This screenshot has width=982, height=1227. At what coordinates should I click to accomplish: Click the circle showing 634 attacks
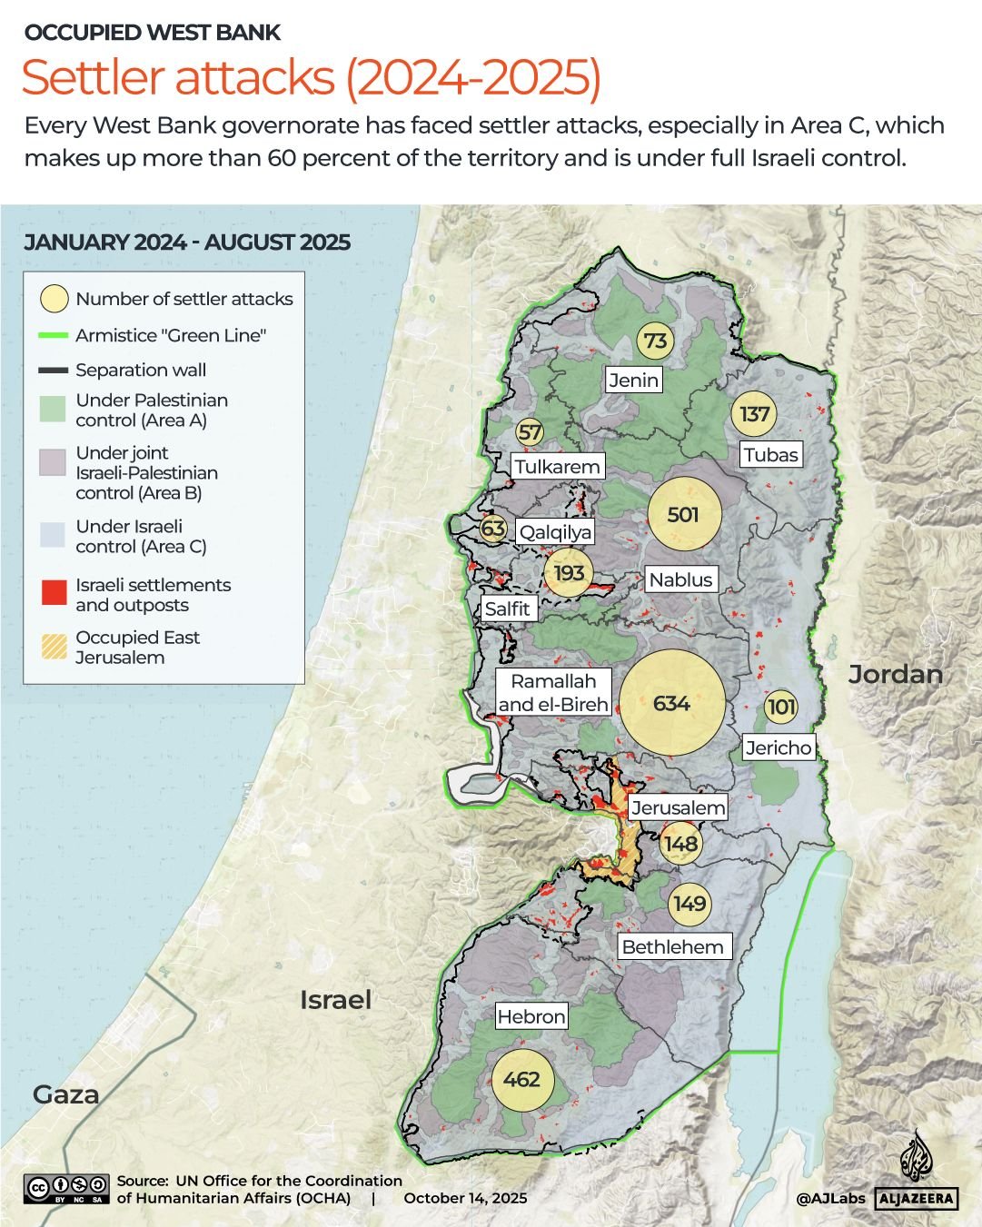coord(672,703)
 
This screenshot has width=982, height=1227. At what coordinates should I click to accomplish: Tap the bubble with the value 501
coord(683,515)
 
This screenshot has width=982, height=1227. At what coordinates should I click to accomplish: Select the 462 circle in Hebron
coord(521,1079)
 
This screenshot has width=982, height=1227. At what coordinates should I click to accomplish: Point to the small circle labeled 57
coord(530,433)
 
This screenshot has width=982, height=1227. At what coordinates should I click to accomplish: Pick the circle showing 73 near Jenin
coord(655,341)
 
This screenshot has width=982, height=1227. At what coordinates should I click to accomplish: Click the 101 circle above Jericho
coord(781,707)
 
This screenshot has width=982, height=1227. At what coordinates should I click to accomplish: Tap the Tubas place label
coord(770,455)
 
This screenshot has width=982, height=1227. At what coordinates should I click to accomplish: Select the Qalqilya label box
coord(555,532)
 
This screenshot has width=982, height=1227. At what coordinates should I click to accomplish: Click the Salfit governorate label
coord(507,609)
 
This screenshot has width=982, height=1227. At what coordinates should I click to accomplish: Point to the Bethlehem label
coord(672,946)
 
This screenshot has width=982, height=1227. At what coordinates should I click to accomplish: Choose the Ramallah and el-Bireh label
coord(553,692)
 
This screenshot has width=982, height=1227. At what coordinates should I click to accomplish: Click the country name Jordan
coord(895,674)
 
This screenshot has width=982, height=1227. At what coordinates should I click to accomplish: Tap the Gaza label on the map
coord(65,1094)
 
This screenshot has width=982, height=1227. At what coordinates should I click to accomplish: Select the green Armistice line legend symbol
coord(55,336)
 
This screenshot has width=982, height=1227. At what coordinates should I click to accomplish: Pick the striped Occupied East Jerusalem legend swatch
coord(55,647)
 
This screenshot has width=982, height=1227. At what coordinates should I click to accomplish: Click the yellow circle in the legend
coord(55,299)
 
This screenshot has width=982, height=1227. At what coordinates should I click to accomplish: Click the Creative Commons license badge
coord(67,1189)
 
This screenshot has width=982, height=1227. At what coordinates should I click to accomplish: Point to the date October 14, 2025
coord(465,1198)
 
